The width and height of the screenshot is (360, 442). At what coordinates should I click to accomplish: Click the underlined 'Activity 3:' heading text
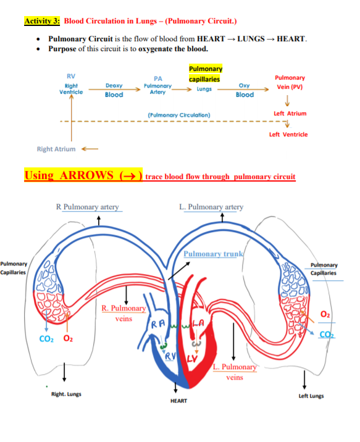pyautogui.click(x=42, y=21)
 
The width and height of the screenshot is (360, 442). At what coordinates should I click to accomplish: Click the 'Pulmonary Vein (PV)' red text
pyautogui.click(x=290, y=82)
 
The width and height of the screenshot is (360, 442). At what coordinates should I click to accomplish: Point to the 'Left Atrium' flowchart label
pyautogui.click(x=290, y=114)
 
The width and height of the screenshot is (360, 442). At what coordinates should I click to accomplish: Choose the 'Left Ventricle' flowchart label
pyautogui.click(x=288, y=134)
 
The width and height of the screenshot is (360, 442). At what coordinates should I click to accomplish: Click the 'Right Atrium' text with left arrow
pyautogui.click(x=57, y=149)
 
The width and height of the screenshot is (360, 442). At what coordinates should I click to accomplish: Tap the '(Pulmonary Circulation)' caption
pyautogui.click(x=179, y=115)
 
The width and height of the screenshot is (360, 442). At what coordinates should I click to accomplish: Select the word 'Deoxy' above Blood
pyautogui.click(x=114, y=86)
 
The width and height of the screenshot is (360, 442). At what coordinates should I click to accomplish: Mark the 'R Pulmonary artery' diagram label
pyautogui.click(x=87, y=207)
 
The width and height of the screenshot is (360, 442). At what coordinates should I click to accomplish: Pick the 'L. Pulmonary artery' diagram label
pyautogui.click(x=211, y=207)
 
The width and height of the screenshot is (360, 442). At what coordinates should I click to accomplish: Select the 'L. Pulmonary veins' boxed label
pyautogui.click(x=234, y=372)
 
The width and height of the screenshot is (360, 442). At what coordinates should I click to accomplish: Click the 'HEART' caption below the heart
pyautogui.click(x=178, y=401)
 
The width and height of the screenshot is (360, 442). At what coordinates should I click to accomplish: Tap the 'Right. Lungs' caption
pyautogui.click(x=66, y=394)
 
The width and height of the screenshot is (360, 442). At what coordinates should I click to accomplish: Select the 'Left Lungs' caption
pyautogui.click(x=311, y=396)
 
